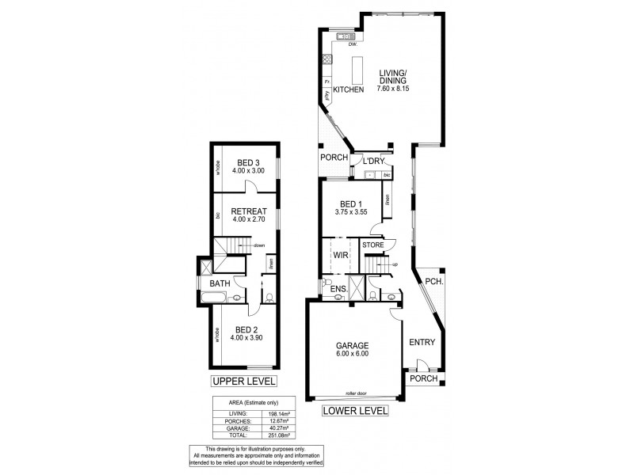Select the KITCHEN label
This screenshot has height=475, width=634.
click(348, 90)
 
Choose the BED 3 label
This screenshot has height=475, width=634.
click(248, 164)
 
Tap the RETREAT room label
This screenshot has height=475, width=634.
click(248, 211)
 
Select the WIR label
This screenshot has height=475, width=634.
click(341, 256)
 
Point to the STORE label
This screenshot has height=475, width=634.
click(372, 245)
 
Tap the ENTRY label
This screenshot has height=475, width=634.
click(422, 343)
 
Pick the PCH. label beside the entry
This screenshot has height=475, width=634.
click(433, 281)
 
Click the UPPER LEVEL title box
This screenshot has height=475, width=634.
click(243, 382)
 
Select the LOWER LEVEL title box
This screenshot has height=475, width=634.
click(354, 411)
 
